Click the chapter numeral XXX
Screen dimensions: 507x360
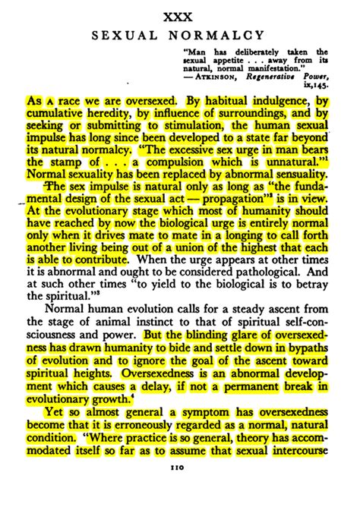click(x=180, y=16)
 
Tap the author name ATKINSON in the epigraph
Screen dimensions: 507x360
click(x=219, y=77)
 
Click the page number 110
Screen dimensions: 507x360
click(x=180, y=470)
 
